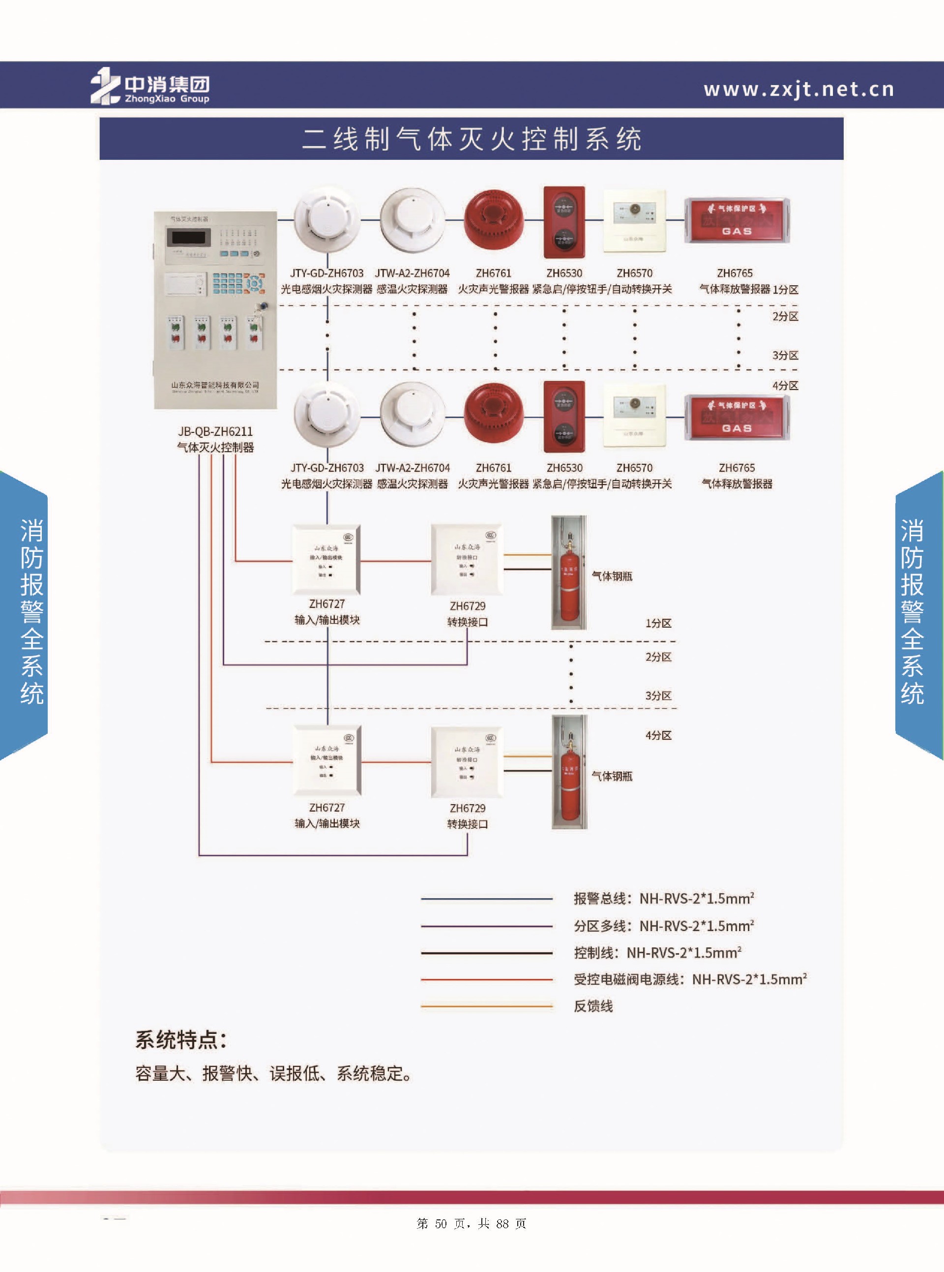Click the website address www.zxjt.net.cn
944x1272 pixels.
798,89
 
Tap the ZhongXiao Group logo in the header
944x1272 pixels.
150,86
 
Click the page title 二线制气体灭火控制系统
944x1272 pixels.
472,139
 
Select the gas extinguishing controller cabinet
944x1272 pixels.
215,310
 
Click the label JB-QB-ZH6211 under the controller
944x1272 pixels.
215,431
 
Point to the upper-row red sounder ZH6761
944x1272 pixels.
494,220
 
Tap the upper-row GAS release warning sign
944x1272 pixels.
737,220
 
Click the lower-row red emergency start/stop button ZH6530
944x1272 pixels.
564,417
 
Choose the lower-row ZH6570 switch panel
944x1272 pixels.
634,416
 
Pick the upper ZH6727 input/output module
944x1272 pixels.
326,560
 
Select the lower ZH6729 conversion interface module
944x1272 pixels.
467,762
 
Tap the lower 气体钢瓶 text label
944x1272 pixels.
612,776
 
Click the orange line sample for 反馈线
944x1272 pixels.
486,1005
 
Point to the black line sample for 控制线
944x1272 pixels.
486,953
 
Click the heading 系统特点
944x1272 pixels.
180,1040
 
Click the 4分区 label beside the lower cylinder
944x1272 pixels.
658,735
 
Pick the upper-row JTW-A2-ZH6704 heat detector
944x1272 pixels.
412,220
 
